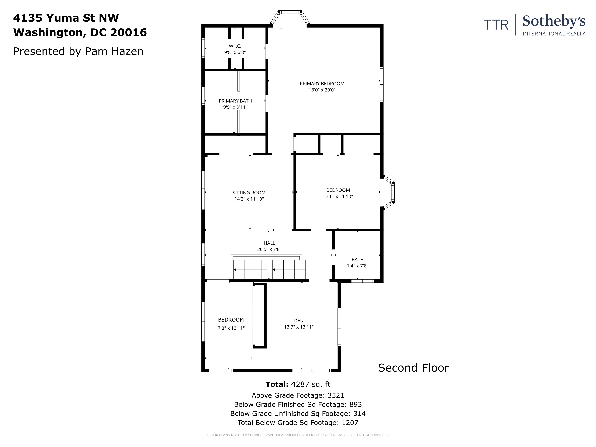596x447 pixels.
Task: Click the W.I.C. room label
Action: point(235,46)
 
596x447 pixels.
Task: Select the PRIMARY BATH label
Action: point(235,101)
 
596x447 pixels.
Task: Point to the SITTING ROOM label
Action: point(249,193)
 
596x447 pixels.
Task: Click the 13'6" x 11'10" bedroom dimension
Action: point(338,196)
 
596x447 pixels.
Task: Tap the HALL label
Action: point(269,243)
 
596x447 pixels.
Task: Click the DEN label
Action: point(299,321)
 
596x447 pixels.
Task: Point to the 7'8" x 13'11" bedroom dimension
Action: point(231,328)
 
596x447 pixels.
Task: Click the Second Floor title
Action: point(413,368)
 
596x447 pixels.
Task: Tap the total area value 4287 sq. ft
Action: point(311,384)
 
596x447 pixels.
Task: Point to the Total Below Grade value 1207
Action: point(350,422)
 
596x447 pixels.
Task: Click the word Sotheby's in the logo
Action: point(554,22)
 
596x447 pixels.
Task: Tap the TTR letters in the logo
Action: point(496,25)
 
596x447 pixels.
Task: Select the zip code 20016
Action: point(129,32)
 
